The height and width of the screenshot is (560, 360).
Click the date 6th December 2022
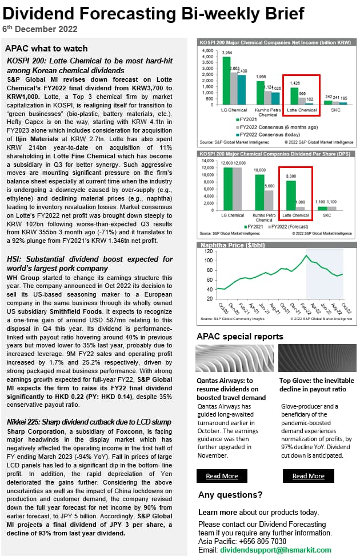40,29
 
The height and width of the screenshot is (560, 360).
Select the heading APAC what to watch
46,49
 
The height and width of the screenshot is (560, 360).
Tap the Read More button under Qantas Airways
222,476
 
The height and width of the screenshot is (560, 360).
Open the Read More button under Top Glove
308,476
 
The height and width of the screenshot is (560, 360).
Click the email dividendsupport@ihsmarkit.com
276,550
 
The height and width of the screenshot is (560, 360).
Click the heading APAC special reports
239,337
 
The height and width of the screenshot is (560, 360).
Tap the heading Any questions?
230,495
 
